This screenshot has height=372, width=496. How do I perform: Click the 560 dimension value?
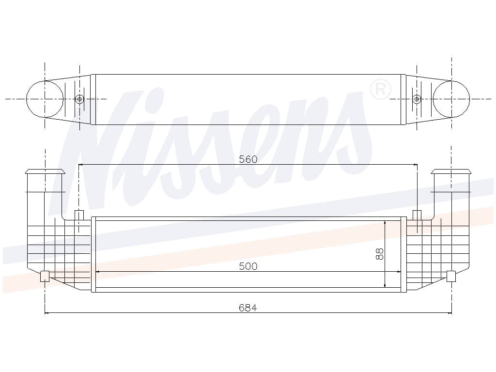248,159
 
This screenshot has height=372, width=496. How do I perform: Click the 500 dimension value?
248,266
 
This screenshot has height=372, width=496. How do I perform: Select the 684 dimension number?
248,308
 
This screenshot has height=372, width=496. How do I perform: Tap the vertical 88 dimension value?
380,253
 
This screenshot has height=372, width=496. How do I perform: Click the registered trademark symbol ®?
380,90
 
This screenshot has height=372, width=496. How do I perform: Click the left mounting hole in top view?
79,99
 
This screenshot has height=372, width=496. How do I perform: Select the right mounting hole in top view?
417,99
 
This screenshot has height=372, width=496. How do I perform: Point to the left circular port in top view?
45,99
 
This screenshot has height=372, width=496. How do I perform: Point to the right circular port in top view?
451,99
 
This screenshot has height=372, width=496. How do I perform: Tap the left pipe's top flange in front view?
45,171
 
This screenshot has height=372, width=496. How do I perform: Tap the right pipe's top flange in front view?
451,171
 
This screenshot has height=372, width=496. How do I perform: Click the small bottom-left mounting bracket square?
45,276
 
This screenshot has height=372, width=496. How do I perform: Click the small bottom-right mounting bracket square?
451,276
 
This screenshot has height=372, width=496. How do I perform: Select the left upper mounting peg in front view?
79,215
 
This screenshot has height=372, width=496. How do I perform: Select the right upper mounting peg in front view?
417,215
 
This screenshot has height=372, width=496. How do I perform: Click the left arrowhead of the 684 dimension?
47,313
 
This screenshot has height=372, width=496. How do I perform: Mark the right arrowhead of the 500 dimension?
399,271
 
